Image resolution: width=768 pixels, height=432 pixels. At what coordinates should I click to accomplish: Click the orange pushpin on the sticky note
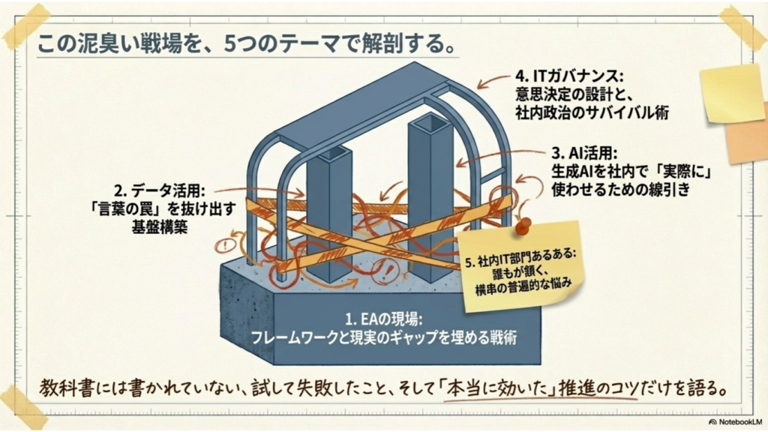[525, 225]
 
